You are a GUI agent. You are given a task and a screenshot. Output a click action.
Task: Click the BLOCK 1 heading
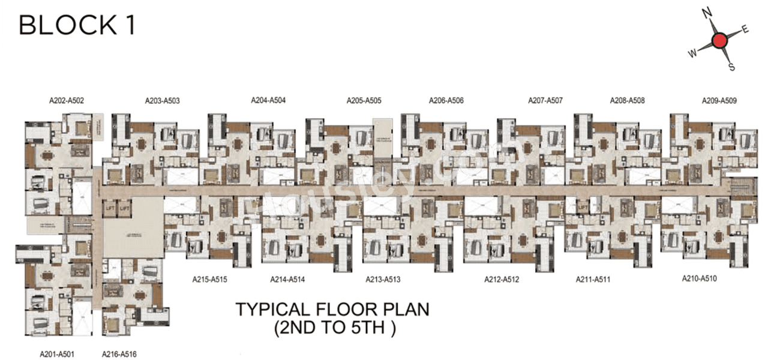pos(77,26)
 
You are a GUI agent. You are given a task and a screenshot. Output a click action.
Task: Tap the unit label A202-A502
pos(67,101)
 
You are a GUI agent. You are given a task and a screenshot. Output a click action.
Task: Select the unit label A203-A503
pos(162,101)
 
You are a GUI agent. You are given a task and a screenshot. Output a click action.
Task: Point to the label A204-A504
pos(268,100)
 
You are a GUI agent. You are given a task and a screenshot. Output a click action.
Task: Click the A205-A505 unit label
pos(364,101)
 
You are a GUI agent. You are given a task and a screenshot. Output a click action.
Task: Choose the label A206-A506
pos(446,101)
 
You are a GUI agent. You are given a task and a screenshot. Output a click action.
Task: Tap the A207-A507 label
pos(545,101)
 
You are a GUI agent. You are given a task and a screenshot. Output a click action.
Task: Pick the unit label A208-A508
pos(627,101)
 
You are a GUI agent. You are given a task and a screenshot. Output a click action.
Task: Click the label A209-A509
pos(719,101)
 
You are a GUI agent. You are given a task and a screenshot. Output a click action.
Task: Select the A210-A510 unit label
pos(700,278)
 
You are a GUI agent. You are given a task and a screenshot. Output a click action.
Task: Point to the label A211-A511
pos(593,279)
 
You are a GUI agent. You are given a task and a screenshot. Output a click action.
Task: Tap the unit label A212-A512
pos(502,279)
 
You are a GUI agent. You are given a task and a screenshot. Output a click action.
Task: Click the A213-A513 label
pos(383,279)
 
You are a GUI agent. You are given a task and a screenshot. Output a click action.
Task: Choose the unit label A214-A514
pos(288,279)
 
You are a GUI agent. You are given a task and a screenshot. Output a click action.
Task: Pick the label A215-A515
pos(209,279)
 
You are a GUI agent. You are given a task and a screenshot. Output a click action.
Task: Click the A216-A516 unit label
pos(119,354)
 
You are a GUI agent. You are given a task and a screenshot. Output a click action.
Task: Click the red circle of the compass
pos(719,40)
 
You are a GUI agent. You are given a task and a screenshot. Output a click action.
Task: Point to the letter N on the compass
pos(707,13)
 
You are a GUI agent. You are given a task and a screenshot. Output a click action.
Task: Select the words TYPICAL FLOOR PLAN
pos(332,310)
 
